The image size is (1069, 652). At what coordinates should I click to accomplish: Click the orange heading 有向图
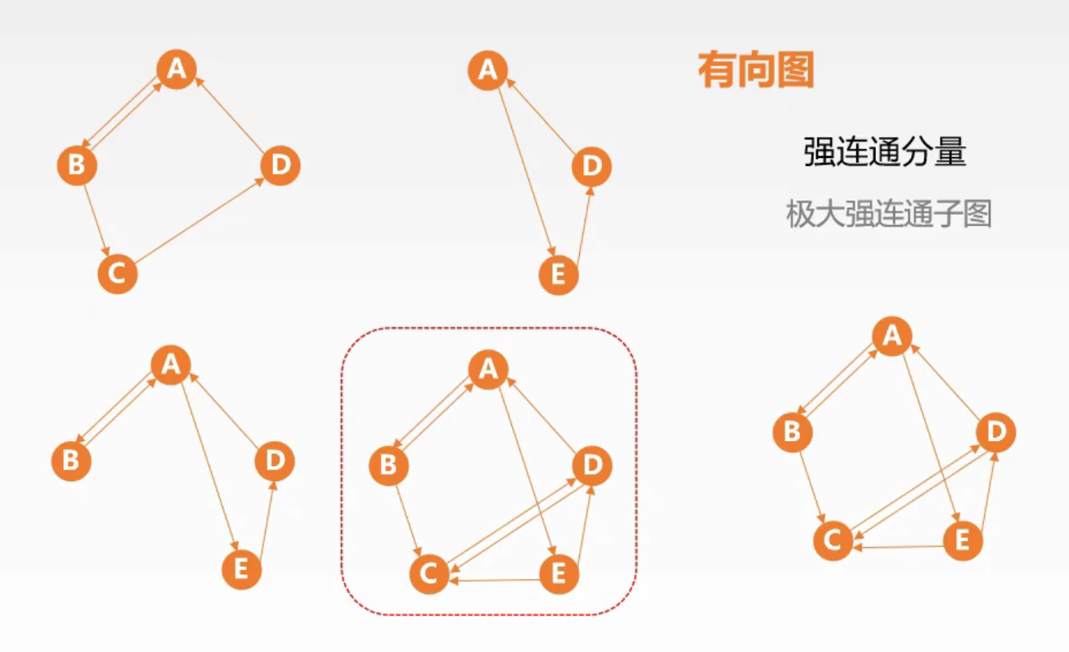pos(756,71)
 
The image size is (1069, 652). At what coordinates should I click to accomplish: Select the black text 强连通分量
pos(885,152)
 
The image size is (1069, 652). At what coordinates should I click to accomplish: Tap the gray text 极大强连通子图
pos(888,214)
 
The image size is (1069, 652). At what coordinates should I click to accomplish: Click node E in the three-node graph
pos(559,275)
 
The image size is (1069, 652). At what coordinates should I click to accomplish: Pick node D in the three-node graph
pos(591,167)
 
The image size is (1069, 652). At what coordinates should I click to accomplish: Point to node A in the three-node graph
pos(487,70)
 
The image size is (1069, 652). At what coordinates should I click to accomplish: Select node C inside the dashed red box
pos(429,574)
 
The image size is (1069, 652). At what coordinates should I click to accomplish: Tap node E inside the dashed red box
pos(559,573)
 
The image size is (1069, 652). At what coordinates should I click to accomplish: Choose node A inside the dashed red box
pos(487,370)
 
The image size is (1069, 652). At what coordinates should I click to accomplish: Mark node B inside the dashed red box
pos(389,466)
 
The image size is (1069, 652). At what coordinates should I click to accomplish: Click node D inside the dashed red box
pos(591,466)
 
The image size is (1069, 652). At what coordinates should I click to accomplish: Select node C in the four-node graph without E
pos(117,273)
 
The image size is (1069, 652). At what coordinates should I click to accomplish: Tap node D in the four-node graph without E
pos(280,166)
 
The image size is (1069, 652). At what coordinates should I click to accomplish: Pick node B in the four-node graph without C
pos(71,461)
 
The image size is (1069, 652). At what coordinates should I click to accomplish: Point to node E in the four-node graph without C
pos(241,569)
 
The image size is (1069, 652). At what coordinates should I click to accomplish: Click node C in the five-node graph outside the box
pos(833,541)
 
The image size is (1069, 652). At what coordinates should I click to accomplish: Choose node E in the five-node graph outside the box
pos(962,541)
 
